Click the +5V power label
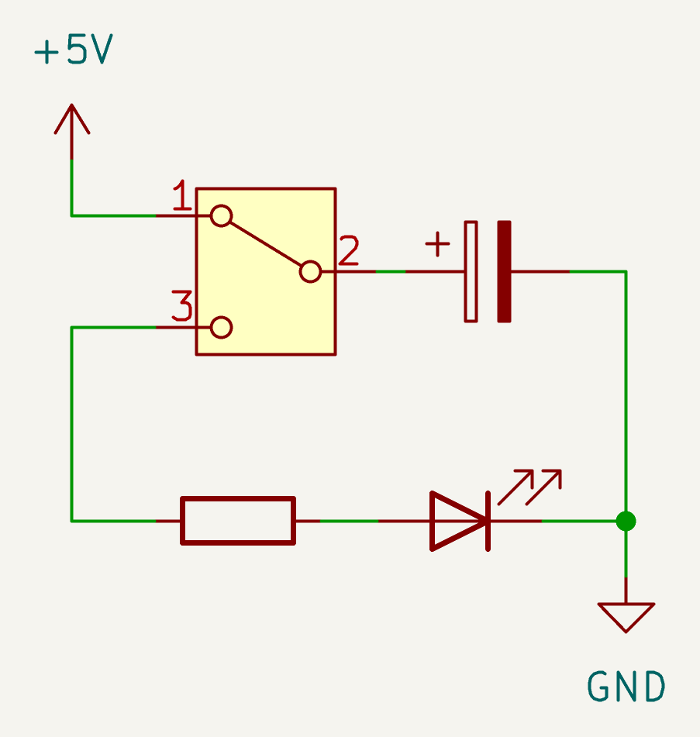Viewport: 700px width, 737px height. tap(74, 51)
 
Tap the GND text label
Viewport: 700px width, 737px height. tap(626, 687)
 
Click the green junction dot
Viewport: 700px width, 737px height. tap(626, 521)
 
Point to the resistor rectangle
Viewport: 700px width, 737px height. tap(238, 521)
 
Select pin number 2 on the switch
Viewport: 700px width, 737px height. tap(349, 251)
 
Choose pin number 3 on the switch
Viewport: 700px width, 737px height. tap(181, 307)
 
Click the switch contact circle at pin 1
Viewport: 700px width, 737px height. tap(222, 215)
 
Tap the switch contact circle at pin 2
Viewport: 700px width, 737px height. tap(310, 271)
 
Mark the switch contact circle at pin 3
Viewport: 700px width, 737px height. tap(222, 327)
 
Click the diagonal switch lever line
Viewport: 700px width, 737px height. tap(266, 243)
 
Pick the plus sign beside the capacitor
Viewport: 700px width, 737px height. tap(437, 245)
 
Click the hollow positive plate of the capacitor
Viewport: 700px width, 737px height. tap(471, 271)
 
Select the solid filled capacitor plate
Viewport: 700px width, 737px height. tap(504, 271)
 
